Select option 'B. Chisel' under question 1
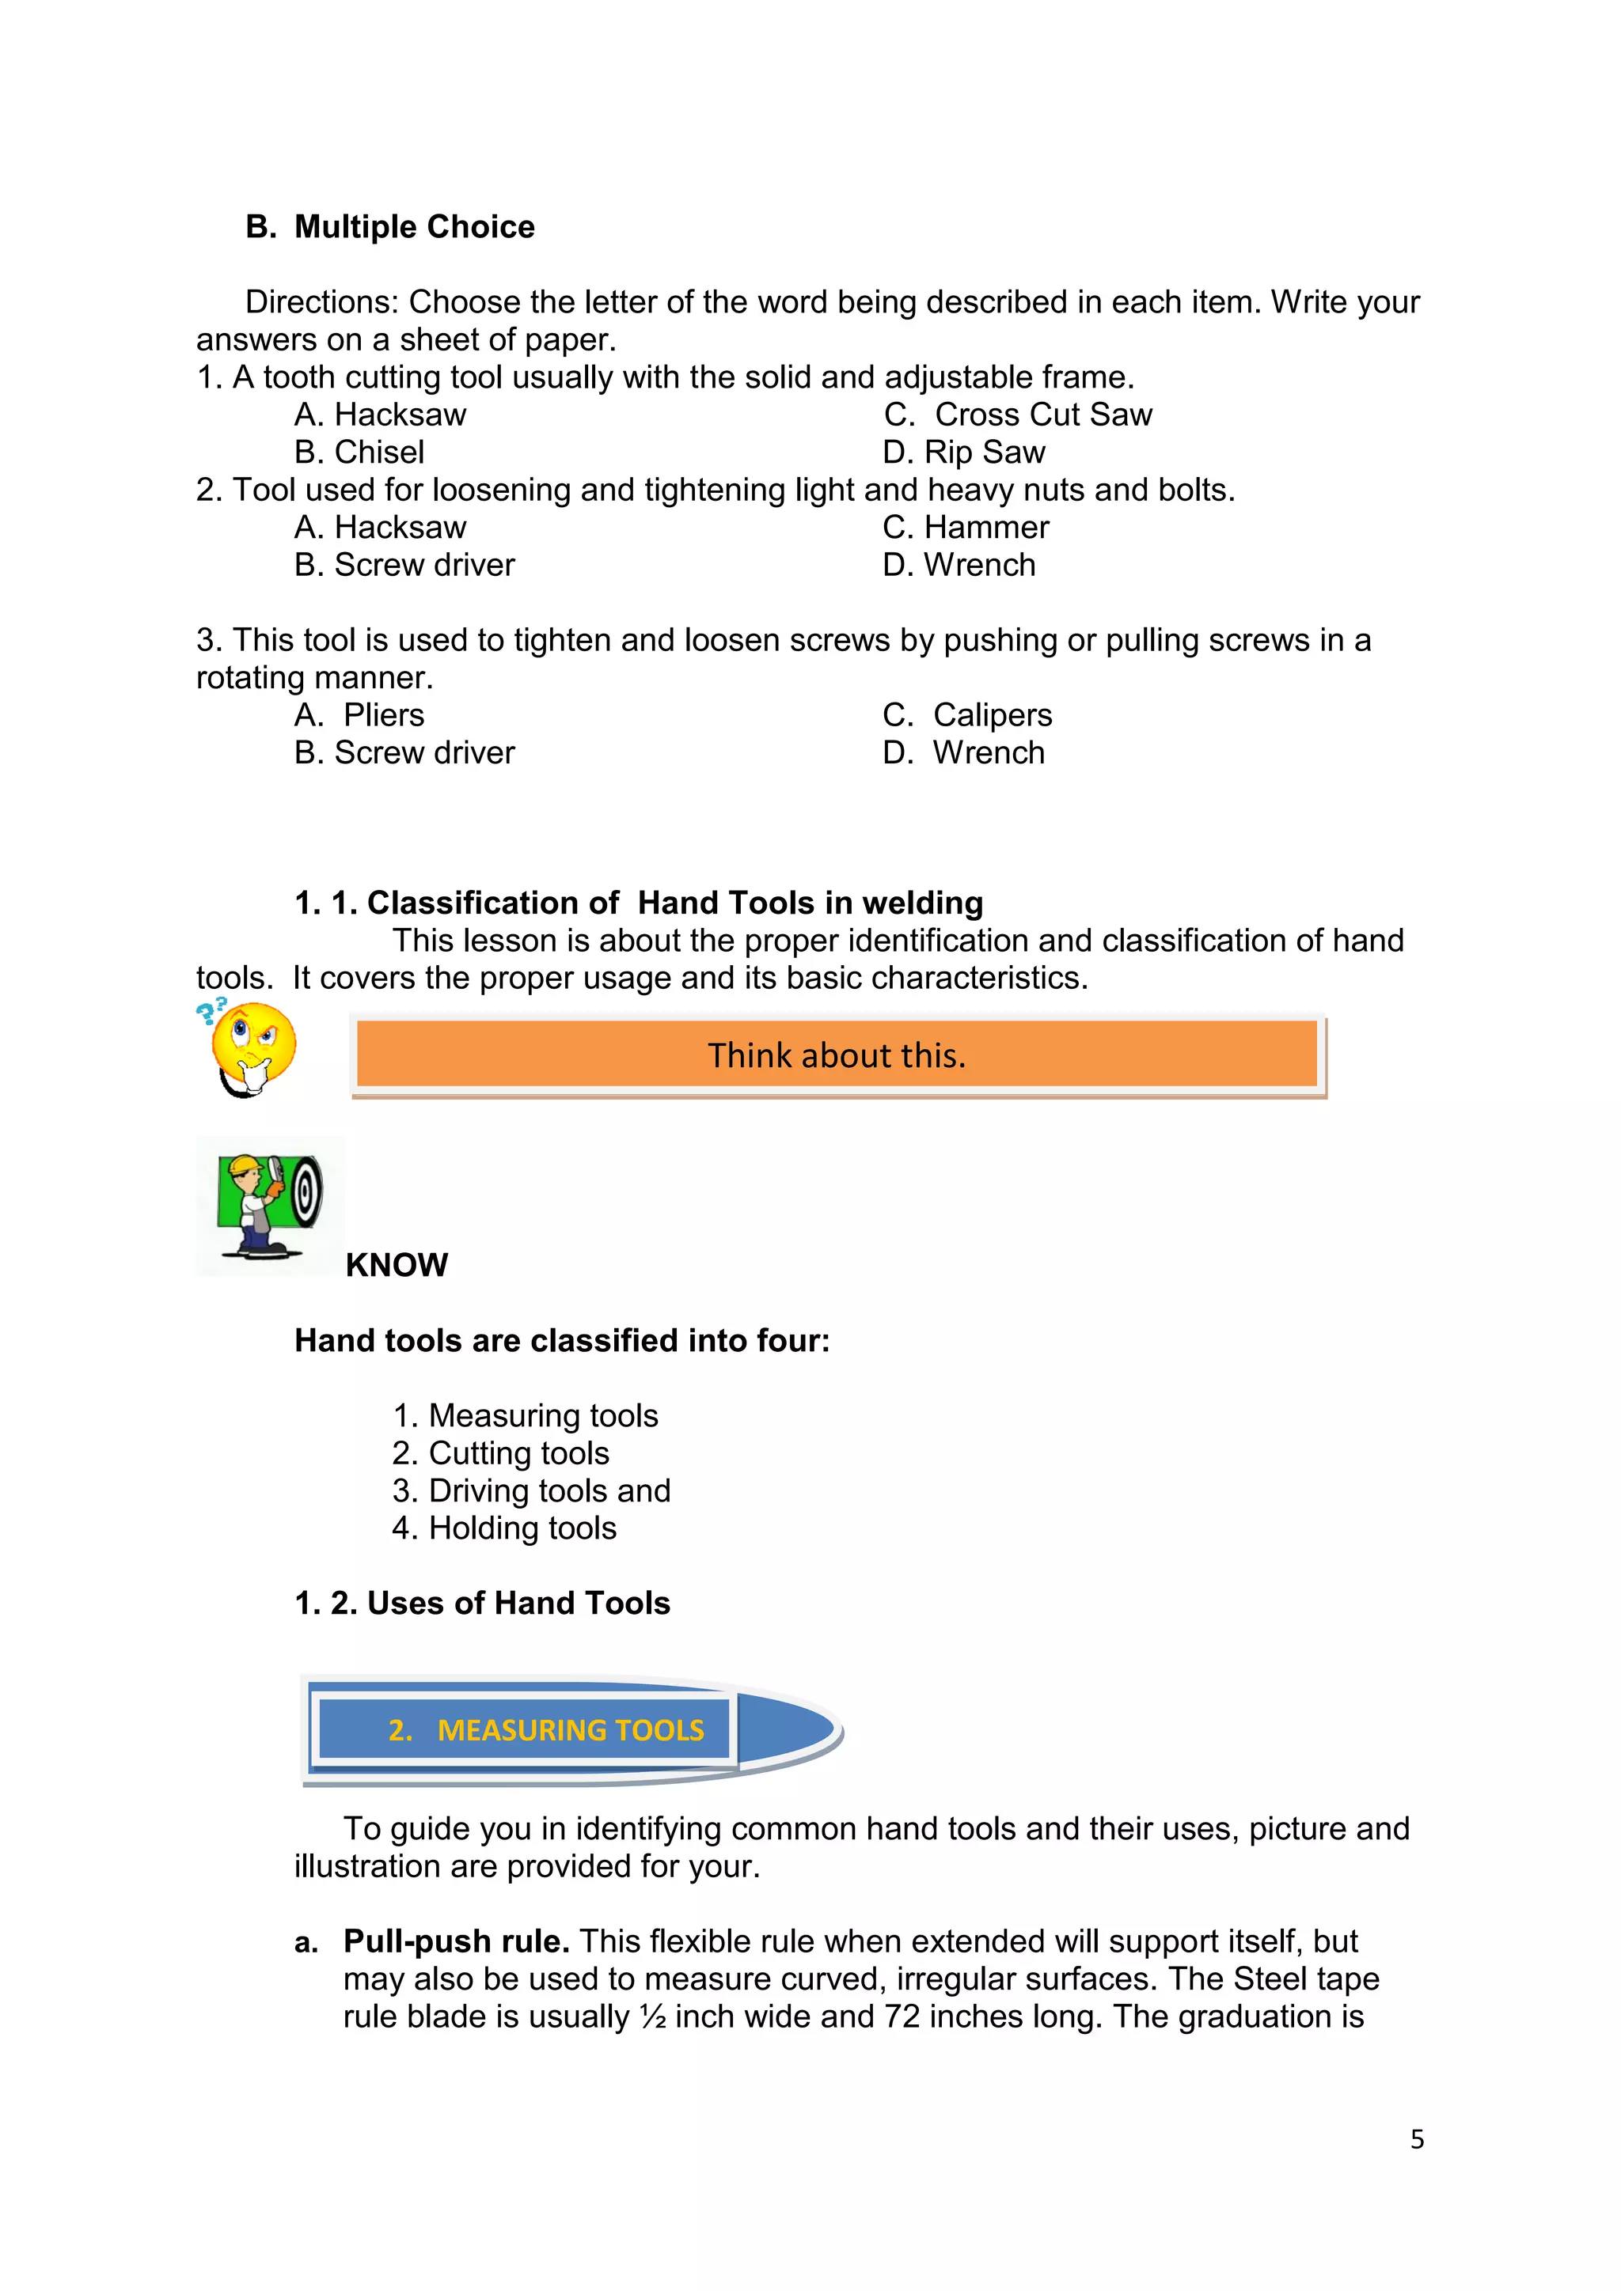click(x=359, y=452)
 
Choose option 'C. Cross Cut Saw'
click(x=1018, y=414)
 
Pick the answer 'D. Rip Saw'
click(x=964, y=452)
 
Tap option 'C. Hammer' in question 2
click(x=966, y=527)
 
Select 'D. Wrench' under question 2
click(x=959, y=565)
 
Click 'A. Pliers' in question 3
click(x=359, y=714)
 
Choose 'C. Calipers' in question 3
click(x=967, y=714)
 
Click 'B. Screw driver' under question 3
click(x=404, y=752)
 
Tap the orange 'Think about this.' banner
click(x=837, y=1055)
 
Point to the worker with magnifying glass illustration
click(x=269, y=1206)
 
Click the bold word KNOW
click(x=397, y=1265)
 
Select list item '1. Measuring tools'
click(x=525, y=1415)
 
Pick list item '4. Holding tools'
click(x=504, y=1528)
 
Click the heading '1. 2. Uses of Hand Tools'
click(x=482, y=1603)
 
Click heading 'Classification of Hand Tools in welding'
click(x=639, y=902)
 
